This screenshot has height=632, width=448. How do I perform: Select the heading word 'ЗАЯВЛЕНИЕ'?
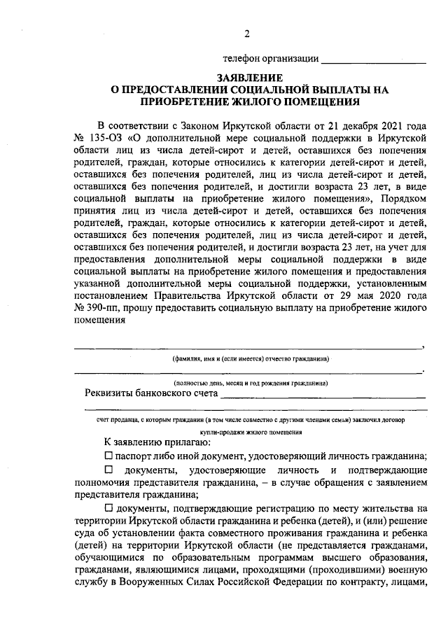(250, 78)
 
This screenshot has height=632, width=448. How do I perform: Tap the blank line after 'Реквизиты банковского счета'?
(322, 397)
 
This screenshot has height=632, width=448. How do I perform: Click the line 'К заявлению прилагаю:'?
(152, 442)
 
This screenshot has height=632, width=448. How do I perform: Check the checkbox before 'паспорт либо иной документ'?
(108, 456)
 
